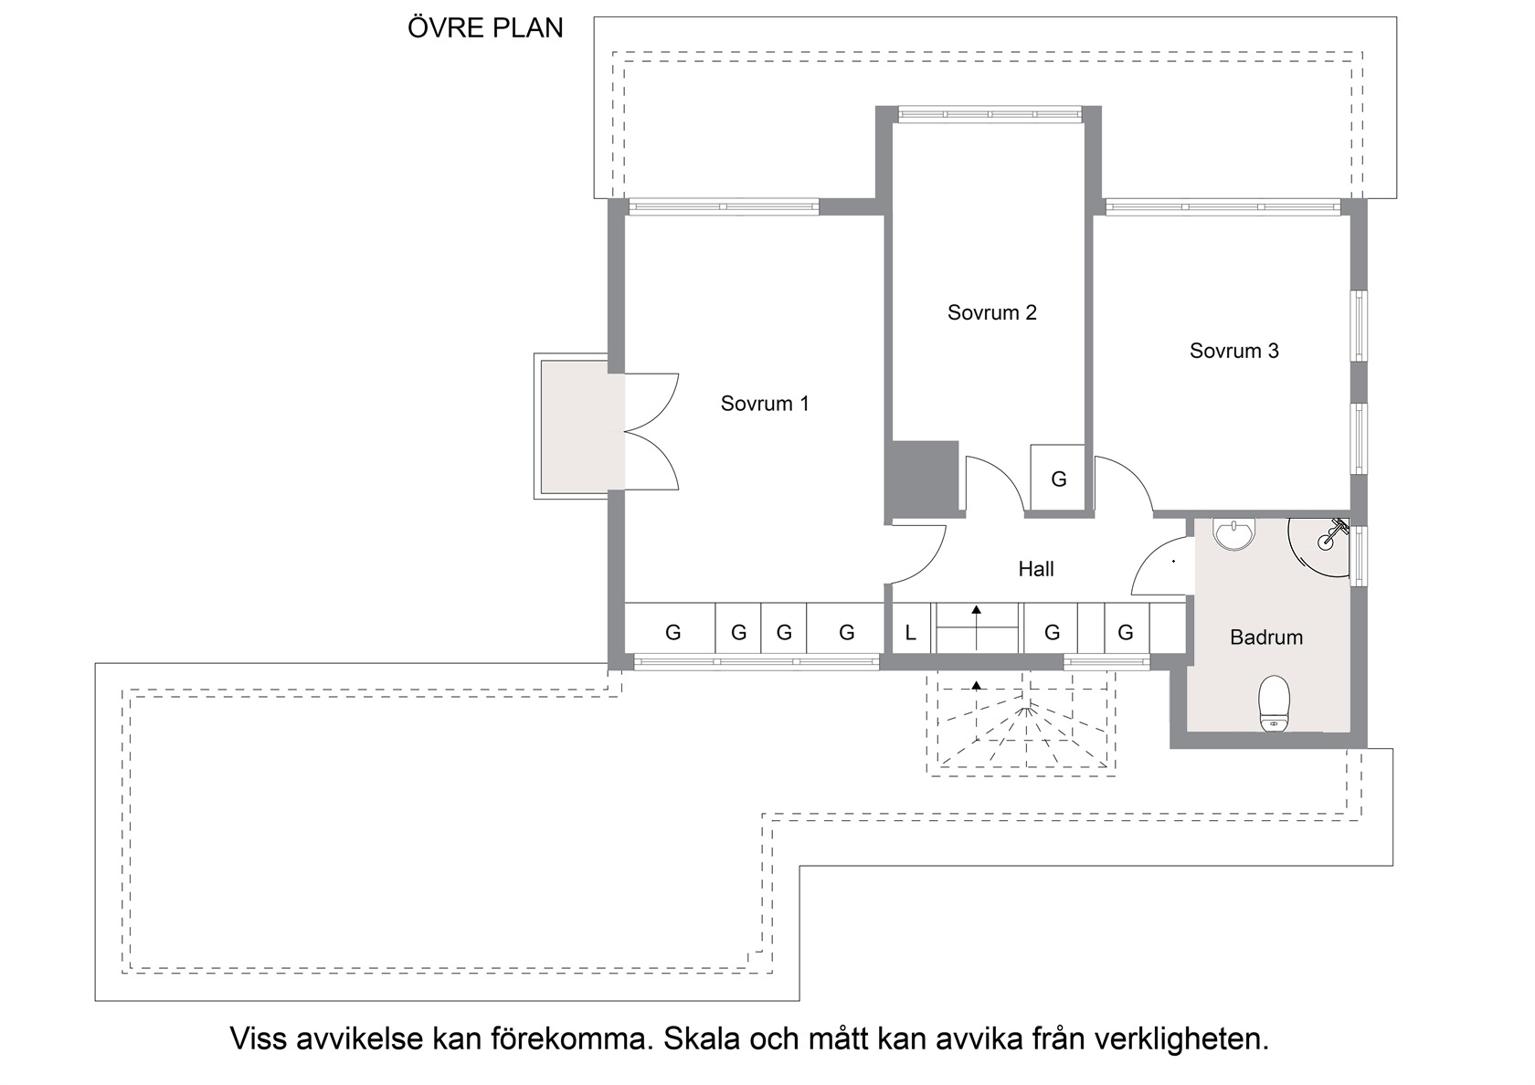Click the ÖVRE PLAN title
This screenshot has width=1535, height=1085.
tap(485, 28)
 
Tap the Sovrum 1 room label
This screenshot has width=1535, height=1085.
tap(765, 404)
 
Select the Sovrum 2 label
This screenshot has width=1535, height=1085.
tap(991, 312)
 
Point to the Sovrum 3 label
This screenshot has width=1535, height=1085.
tap(1233, 351)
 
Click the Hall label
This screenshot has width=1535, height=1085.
tap(1035, 568)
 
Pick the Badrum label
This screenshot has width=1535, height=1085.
tap(1265, 637)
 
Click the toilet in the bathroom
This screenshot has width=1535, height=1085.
tap(1274, 703)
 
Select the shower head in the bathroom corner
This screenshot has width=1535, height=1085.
tap(1333, 534)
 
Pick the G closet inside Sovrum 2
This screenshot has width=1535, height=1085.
tap(1058, 479)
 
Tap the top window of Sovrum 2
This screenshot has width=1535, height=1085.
tap(990, 113)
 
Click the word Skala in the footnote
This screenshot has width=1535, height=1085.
tap(702, 1038)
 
